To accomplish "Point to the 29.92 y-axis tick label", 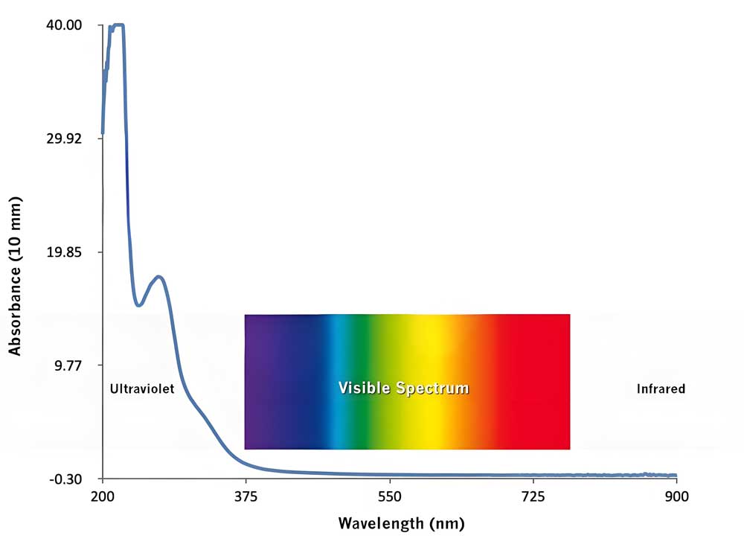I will click(66, 138).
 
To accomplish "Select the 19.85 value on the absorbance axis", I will click(66, 252).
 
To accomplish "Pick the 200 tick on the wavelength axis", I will click(102, 496).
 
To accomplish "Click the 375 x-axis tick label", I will click(246, 496).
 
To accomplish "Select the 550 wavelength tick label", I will click(389, 496).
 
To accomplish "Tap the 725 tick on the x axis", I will click(533, 496).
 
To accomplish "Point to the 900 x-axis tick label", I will click(676, 496).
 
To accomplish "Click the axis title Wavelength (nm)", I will click(401, 522).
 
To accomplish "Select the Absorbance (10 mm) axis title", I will click(14, 275).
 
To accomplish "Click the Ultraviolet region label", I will click(141, 389).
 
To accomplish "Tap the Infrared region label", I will click(661, 389).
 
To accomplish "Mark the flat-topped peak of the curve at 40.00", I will click(118, 25).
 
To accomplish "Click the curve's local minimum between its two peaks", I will click(138, 304).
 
